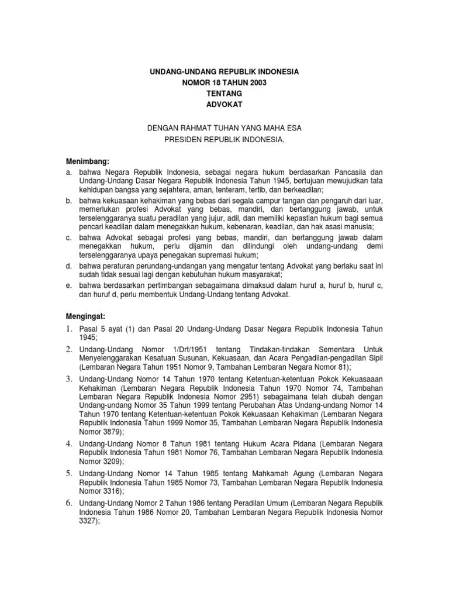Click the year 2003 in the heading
(x=256, y=82)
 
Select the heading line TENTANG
(x=224, y=94)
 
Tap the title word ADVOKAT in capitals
(x=224, y=105)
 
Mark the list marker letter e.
(x=68, y=285)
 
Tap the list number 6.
(x=68, y=502)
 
